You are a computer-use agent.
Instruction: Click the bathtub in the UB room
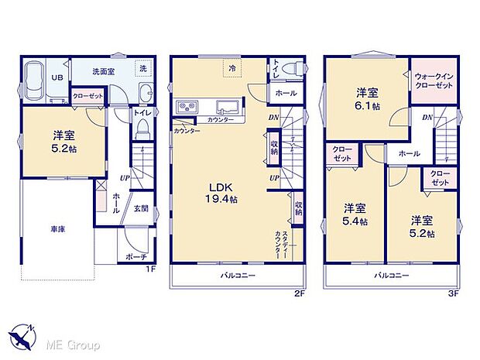[x=36, y=77]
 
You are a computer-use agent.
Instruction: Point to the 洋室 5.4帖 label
[x=355, y=214]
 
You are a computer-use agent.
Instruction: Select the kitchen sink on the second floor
[x=228, y=107]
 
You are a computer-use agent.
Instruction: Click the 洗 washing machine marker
[x=142, y=68]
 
